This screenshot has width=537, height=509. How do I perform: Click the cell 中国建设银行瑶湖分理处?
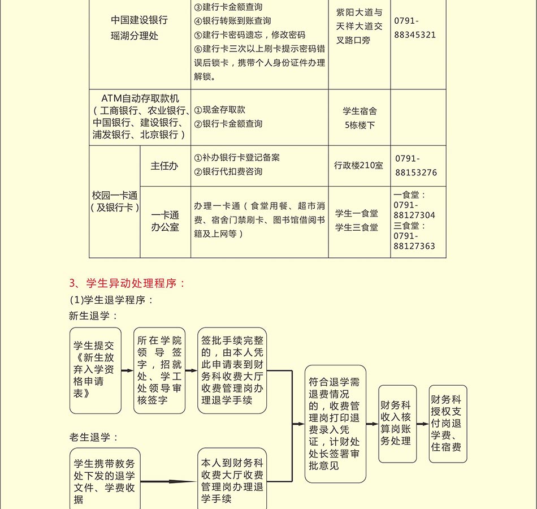click(139, 28)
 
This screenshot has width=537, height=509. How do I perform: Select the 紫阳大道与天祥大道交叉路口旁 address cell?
click(359, 27)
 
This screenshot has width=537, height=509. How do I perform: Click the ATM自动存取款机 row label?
click(140, 117)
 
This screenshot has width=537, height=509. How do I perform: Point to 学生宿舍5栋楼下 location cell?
click(360, 118)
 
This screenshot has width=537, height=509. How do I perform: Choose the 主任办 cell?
click(164, 166)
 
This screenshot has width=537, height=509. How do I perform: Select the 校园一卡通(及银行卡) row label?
click(115, 201)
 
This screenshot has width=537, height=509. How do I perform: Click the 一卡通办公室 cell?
click(164, 221)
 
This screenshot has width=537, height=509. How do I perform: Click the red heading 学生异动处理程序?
click(127, 283)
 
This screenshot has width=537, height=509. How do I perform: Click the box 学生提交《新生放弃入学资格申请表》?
click(96, 370)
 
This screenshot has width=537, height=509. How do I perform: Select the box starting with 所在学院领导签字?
click(159, 370)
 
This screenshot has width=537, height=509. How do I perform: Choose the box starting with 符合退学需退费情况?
click(335, 424)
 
